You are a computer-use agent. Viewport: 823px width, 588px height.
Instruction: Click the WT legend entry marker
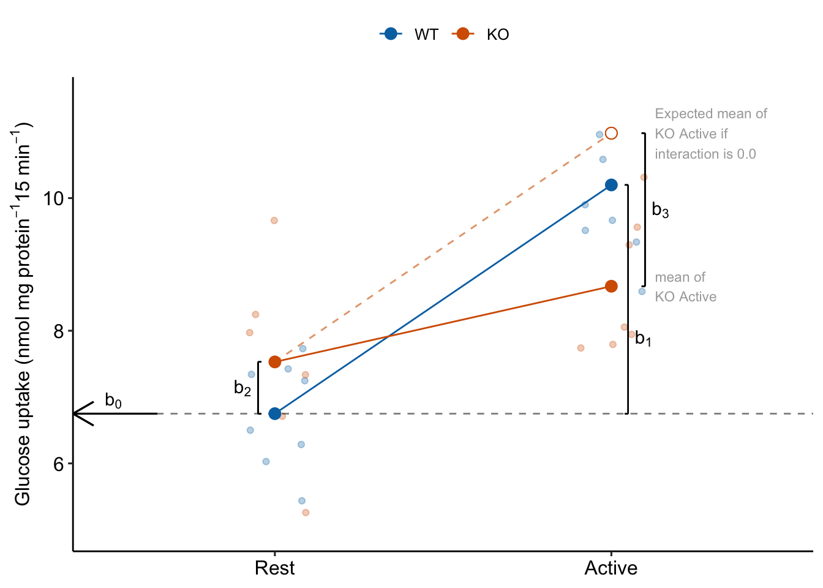[391, 34]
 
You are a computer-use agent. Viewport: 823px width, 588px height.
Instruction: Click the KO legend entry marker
[463, 34]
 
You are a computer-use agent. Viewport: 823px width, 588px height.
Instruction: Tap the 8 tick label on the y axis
[58, 331]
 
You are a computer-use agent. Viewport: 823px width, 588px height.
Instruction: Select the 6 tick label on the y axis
[58, 464]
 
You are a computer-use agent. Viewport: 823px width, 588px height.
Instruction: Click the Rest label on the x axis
[274, 568]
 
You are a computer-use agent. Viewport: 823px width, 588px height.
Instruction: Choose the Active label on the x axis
[611, 568]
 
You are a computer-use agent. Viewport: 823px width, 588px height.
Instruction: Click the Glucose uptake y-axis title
[23, 314]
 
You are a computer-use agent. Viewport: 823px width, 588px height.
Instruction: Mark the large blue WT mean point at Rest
[275, 414]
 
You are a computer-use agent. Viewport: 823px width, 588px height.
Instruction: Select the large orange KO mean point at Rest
[275, 362]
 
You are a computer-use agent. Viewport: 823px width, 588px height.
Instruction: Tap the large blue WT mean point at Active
[611, 185]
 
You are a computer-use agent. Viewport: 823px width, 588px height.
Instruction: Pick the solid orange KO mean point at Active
[611, 286]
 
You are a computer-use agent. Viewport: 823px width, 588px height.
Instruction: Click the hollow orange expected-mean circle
[611, 134]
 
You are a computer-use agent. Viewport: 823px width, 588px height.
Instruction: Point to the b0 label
[113, 401]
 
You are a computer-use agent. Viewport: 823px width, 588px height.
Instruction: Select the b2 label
[242, 388]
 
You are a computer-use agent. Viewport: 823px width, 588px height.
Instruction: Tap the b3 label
[660, 210]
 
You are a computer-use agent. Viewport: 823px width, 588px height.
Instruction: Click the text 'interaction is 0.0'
[705, 154]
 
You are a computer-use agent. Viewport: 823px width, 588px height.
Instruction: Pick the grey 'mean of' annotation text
[680, 277]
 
